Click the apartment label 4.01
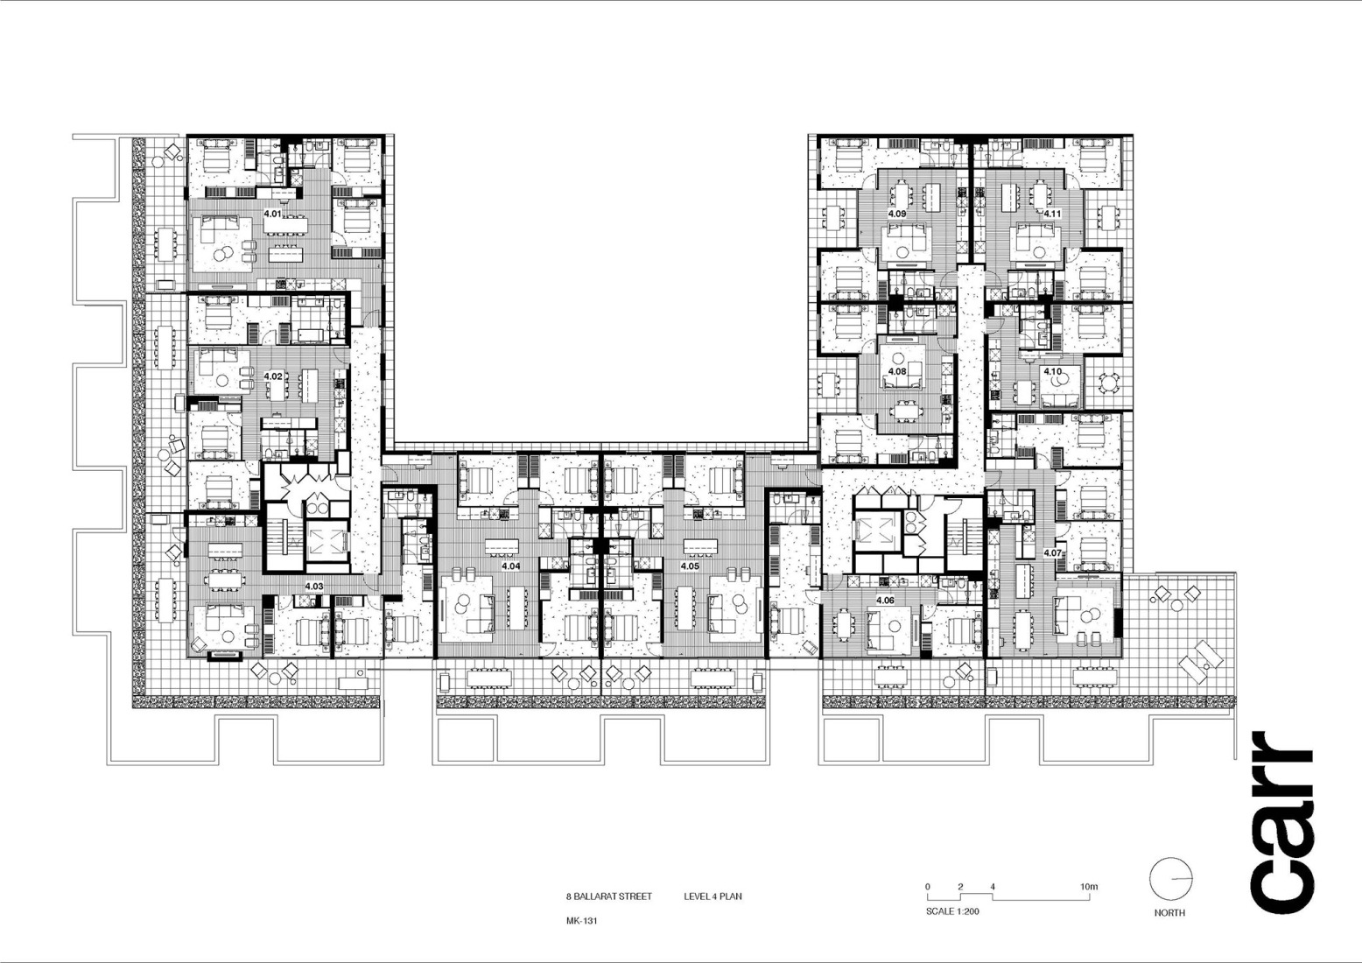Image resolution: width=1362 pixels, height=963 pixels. point(272,213)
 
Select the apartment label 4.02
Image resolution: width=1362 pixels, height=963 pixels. point(272,376)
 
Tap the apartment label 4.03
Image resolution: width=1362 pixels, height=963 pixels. point(313,586)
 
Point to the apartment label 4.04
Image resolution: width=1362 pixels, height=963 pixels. point(510,566)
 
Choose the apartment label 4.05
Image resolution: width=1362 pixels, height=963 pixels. point(690,566)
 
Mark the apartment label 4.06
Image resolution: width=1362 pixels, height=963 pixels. point(885,601)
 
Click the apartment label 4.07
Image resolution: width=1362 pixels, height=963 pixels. point(1052,553)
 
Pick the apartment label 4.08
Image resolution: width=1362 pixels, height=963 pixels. point(897,371)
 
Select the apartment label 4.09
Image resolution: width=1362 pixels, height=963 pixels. point(897,214)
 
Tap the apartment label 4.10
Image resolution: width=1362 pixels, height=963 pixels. point(1052,371)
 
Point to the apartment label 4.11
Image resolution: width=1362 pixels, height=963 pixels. point(1052,214)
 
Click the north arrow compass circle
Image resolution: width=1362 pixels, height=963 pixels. point(1170,879)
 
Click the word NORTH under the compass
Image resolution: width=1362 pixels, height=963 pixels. point(1169,912)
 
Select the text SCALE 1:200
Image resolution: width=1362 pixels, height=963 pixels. point(952,911)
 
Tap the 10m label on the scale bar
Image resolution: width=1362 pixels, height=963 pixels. point(1088,887)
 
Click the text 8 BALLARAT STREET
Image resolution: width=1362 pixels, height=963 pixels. point(608,896)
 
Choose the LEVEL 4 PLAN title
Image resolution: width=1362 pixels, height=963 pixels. point(713,896)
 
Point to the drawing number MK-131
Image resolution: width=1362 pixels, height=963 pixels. point(581,921)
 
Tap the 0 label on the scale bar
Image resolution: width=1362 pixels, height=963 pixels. point(928,887)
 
